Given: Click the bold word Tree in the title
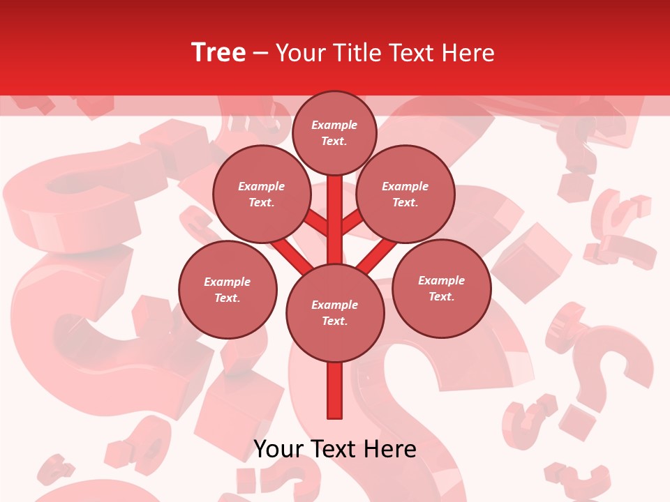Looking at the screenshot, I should [218, 53].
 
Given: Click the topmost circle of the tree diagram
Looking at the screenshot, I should [334, 132].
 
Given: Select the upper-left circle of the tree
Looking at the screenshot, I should [261, 195].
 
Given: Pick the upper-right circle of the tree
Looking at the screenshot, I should [405, 195].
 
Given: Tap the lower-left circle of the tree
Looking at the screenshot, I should [228, 289].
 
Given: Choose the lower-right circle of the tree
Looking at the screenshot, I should [441, 288].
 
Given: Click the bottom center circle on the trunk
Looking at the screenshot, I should [334, 313].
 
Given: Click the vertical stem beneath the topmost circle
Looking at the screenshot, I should [334, 209].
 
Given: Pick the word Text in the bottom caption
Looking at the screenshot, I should [333, 449].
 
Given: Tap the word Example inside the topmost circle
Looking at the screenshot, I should [334, 125].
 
